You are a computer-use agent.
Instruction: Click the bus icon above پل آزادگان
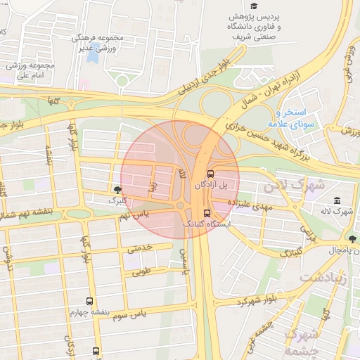pyautogui.click(x=210, y=173)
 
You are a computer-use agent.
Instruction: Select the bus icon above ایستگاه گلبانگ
pyautogui.click(x=206, y=212)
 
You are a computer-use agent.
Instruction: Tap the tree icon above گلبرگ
pyautogui.click(x=117, y=189)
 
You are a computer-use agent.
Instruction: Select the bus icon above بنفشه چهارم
pyautogui.click(x=89, y=301)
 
